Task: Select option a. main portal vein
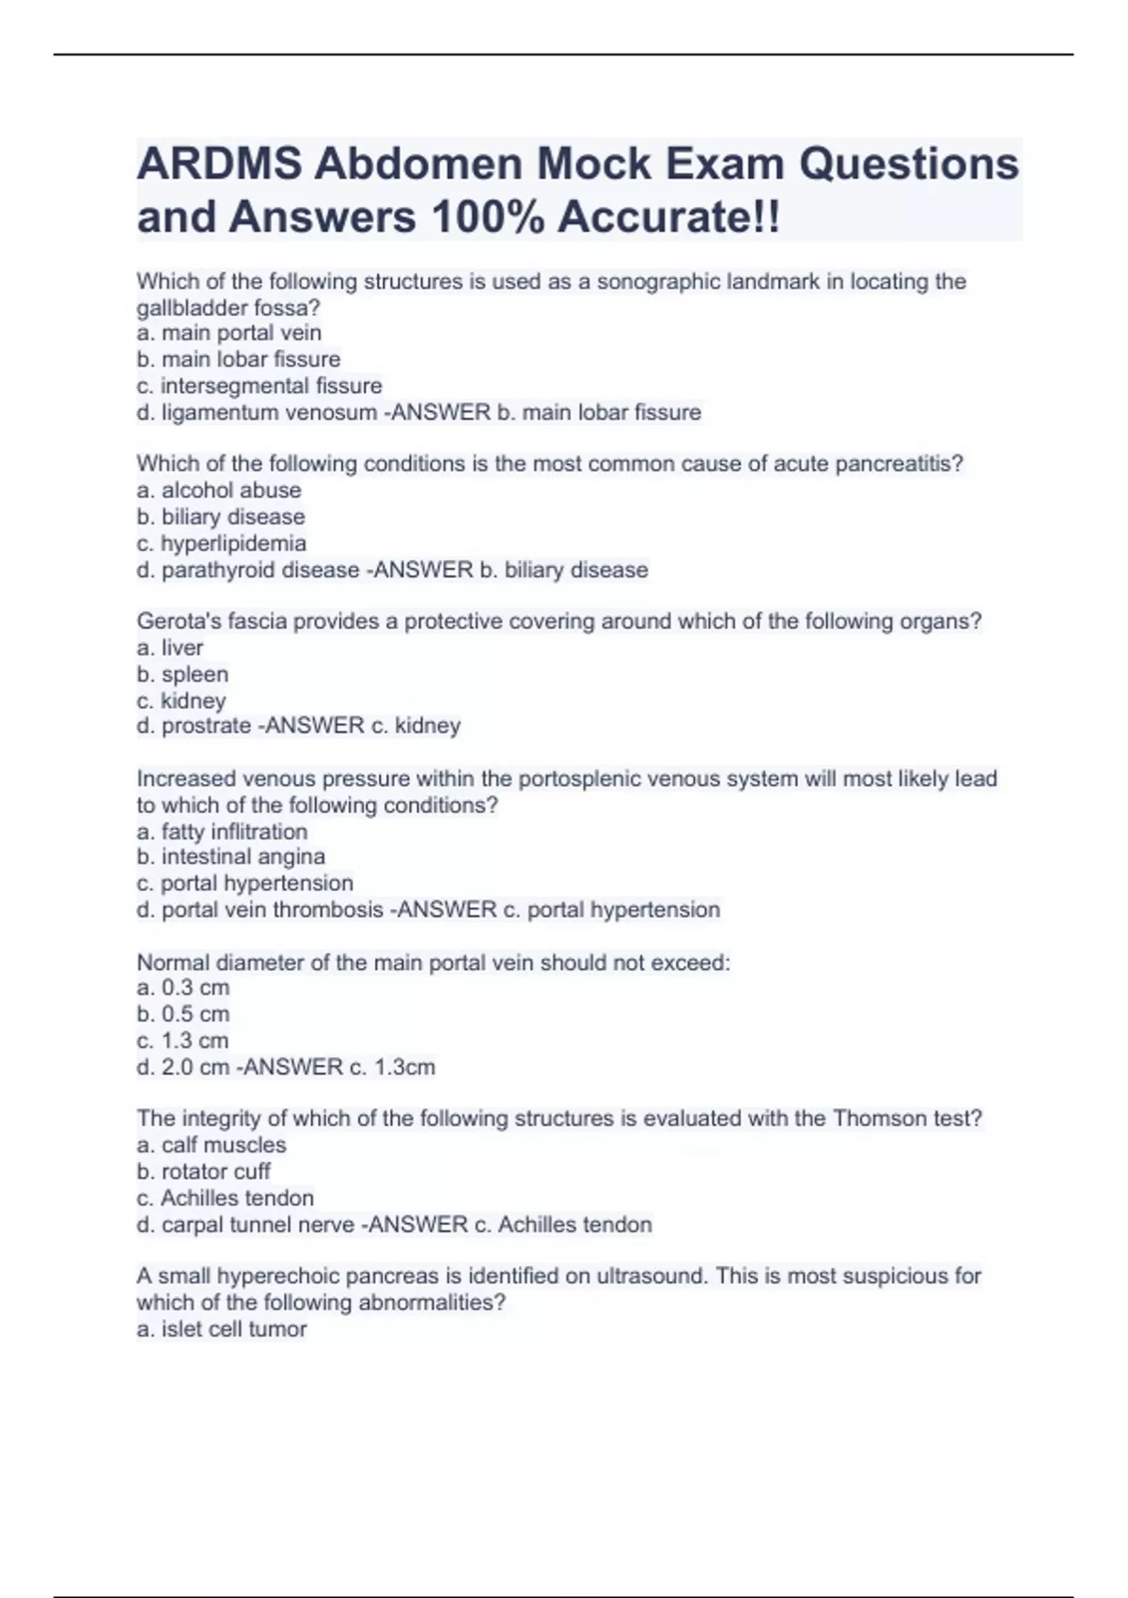point(229,333)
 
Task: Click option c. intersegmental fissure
point(259,385)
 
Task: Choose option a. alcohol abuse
point(219,490)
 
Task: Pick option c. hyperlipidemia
point(222,543)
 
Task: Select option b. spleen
point(182,674)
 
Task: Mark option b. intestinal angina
point(231,856)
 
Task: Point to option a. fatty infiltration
point(222,831)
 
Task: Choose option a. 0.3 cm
point(183,987)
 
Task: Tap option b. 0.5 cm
point(183,1013)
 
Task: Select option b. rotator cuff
point(204,1171)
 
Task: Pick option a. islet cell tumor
point(222,1329)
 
